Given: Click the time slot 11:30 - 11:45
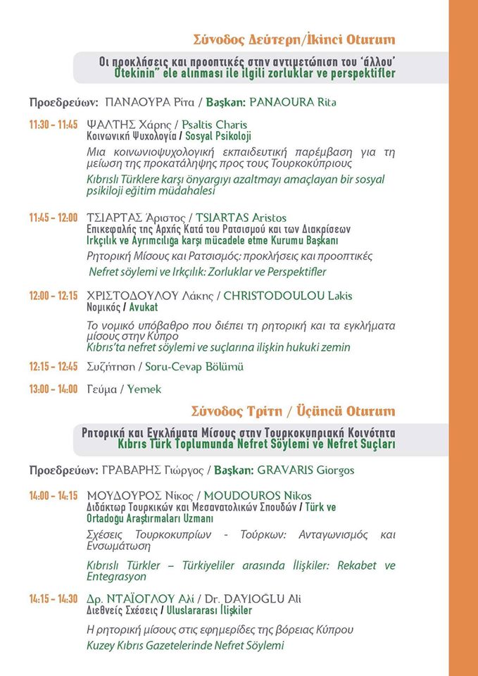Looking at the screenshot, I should pyautogui.click(x=54, y=125).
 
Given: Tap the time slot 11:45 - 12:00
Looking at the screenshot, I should pyautogui.click(x=54, y=218).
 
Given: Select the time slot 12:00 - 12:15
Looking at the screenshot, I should pyautogui.click(x=54, y=296).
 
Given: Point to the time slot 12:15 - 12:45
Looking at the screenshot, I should pyautogui.click(x=54, y=367).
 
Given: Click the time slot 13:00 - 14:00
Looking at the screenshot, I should pyautogui.click(x=54, y=389).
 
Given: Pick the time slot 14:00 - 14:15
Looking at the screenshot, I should pyautogui.click(x=54, y=496).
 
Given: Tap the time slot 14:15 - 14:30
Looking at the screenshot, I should pyautogui.click(x=54, y=599).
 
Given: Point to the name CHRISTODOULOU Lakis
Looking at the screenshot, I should pyautogui.click(x=287, y=296).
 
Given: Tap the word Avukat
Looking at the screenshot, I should pyautogui.click(x=144, y=308).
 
